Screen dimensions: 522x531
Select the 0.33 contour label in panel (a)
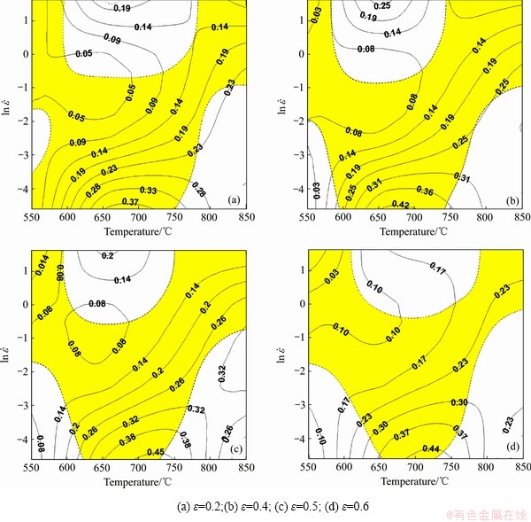149,190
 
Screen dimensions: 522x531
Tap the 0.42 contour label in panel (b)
377,204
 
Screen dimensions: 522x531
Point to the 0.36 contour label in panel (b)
400,191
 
